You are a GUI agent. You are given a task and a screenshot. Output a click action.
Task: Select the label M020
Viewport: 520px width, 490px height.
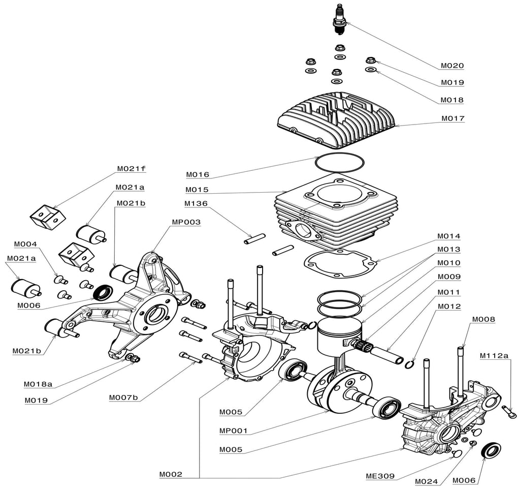pyautogui.click(x=452, y=66)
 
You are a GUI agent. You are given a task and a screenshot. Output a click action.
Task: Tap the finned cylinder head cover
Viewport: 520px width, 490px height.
pyautogui.click(x=337, y=120)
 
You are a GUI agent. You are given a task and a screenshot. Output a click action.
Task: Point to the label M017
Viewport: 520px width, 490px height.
pyautogui.click(x=452, y=118)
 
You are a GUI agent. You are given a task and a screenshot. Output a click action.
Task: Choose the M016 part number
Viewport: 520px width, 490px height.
pyautogui.click(x=198, y=174)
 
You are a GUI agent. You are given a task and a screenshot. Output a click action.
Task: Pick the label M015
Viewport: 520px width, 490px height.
pyautogui.click(x=198, y=190)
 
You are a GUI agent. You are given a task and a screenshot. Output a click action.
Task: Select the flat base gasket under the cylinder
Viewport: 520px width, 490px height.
pyautogui.click(x=340, y=264)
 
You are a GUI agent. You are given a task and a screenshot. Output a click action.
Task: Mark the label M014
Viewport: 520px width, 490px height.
pyautogui.click(x=449, y=236)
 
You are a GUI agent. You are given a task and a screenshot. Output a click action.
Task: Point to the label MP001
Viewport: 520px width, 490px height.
pyautogui.click(x=233, y=431)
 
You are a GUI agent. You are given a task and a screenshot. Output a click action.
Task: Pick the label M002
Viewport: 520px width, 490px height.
pyautogui.click(x=171, y=475)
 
